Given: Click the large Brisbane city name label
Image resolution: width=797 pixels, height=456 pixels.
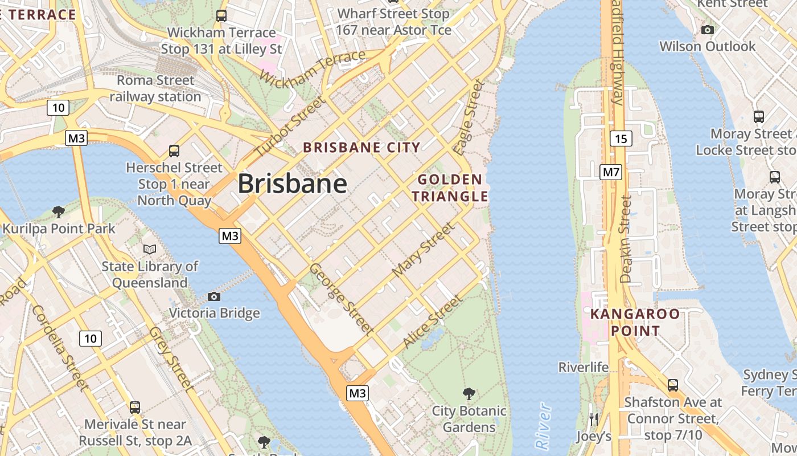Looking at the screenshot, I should point(292,184).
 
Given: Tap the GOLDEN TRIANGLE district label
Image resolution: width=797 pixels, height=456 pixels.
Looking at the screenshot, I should point(450,188).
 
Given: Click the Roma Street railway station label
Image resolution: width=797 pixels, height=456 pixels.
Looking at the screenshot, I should point(155,88).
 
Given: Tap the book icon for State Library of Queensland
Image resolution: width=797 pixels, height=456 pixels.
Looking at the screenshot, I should point(150,249).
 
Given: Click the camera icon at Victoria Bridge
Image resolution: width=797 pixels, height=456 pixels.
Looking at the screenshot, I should point(214,296).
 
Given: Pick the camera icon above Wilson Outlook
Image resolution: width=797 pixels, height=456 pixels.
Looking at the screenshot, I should point(708,30).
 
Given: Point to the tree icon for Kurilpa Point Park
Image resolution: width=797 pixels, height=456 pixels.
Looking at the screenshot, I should point(58,212).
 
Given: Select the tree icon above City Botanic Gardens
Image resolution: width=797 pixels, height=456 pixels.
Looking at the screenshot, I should point(469,393).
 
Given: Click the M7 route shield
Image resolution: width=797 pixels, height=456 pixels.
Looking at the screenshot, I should point(610,172).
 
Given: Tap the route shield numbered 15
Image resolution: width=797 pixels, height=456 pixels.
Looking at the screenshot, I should point(621,138).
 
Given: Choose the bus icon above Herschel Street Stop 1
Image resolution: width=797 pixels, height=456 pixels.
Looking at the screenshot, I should point(174,151).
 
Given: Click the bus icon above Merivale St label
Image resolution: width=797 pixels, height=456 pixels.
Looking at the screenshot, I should point(135,407).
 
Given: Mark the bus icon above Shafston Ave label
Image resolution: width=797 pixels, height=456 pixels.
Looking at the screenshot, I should point(673,385).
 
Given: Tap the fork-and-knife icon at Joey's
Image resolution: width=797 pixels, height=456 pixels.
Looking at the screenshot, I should point(594,420).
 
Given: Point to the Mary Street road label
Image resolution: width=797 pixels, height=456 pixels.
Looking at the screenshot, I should point(424,250).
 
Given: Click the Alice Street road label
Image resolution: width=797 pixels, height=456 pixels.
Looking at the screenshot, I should point(432,321).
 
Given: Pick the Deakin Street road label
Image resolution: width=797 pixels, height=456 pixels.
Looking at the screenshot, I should point(626,239).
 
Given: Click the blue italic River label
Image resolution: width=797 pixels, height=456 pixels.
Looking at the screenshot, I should point(544,425).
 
